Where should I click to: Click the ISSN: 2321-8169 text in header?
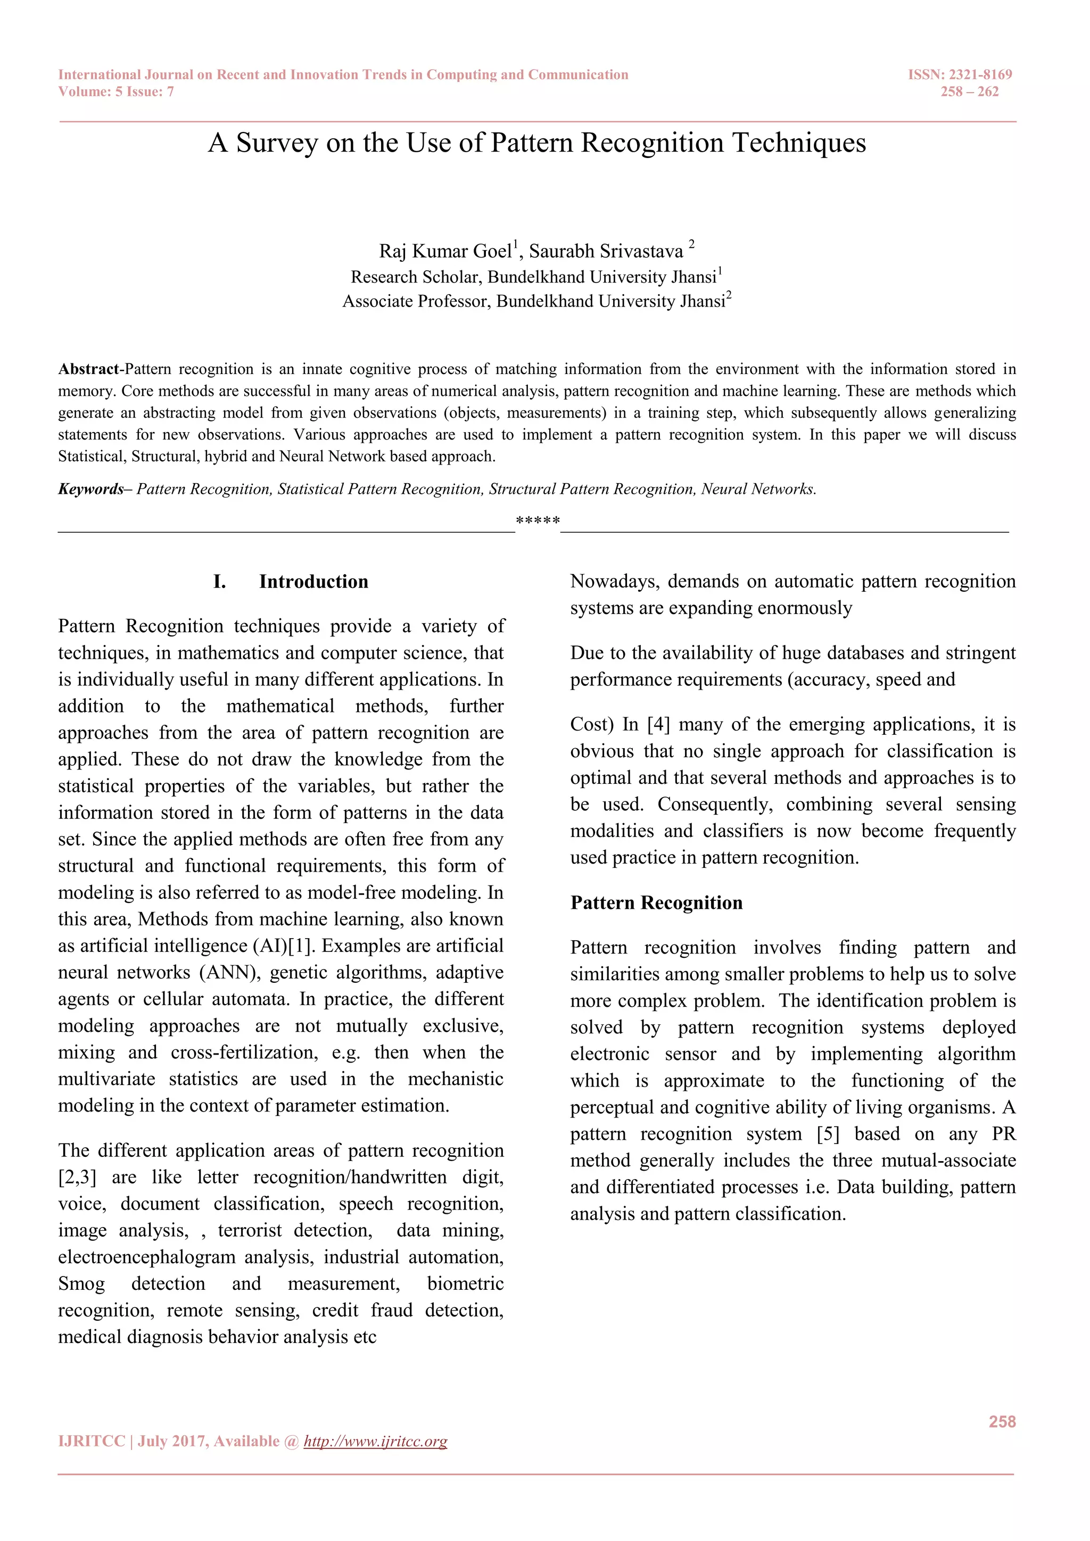click(959, 74)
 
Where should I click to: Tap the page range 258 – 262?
click(969, 92)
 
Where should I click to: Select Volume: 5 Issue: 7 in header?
click(116, 92)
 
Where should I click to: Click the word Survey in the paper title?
click(277, 143)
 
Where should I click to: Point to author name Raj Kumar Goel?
click(445, 251)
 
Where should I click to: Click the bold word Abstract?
click(88, 369)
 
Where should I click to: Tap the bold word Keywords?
click(90, 490)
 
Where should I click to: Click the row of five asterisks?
click(538, 521)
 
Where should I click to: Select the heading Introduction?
click(313, 582)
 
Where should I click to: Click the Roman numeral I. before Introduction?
click(219, 582)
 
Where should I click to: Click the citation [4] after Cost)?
click(658, 725)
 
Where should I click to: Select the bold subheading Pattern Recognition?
click(656, 902)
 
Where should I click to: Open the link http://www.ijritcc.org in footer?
click(375, 1441)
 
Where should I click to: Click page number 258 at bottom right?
click(1002, 1421)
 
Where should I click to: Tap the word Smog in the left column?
click(81, 1284)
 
